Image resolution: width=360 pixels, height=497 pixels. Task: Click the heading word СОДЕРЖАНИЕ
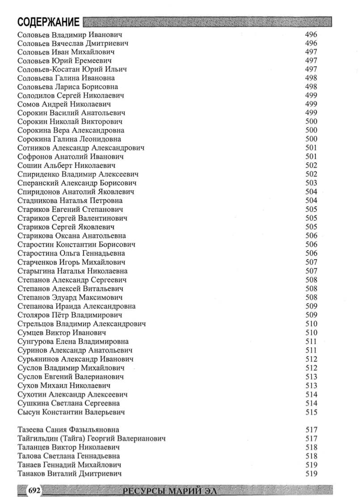coord(49,22)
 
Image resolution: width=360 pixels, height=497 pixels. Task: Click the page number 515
coord(311,412)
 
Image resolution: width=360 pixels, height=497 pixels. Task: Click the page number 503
coord(311,183)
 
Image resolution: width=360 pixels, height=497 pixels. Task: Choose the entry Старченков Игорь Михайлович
coord(71,262)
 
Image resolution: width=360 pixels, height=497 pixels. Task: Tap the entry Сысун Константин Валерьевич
coord(71,412)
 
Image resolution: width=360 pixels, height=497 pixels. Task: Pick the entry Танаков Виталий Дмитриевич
coord(69,473)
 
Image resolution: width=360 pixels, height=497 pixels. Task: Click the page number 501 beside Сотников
coord(311,148)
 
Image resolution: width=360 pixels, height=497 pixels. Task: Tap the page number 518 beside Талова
coord(311,456)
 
